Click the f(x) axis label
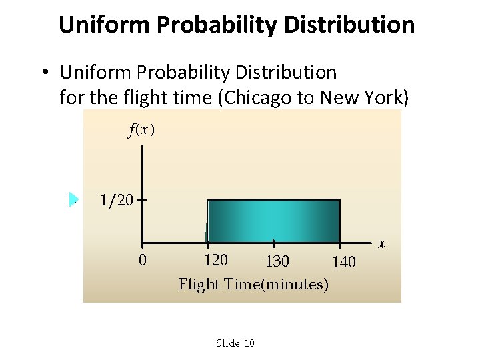141,131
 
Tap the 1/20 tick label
116,199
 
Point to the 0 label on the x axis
142,259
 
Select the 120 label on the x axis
215,259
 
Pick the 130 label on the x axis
277,261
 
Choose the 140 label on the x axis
344,262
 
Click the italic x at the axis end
382,243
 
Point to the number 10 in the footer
249,343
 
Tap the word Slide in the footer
227,343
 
